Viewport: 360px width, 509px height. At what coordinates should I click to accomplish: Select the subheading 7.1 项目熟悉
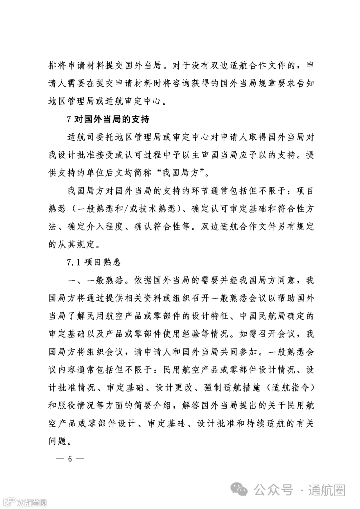(93, 262)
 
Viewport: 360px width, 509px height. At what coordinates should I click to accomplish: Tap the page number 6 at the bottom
(70, 459)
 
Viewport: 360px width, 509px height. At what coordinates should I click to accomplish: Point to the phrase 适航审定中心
(133, 101)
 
